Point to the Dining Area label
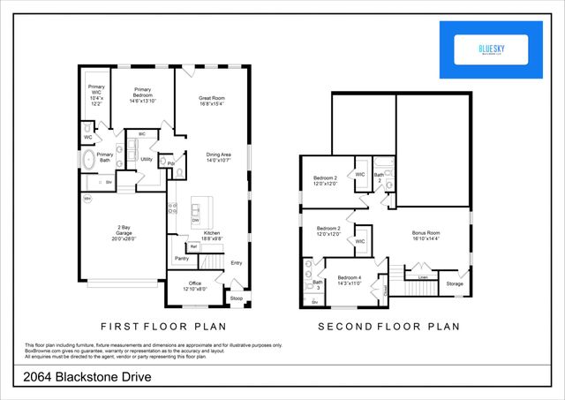pyautogui.click(x=218, y=156)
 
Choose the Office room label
pyautogui.click(x=194, y=285)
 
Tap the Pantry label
pyautogui.click(x=182, y=259)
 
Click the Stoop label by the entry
pyautogui.click(x=236, y=298)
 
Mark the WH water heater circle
pyautogui.click(x=87, y=199)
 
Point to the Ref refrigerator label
pyautogui.click(x=193, y=246)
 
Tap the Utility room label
pyautogui.click(x=147, y=159)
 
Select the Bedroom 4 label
pyautogui.click(x=350, y=280)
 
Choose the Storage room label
pyautogui.click(x=454, y=283)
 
